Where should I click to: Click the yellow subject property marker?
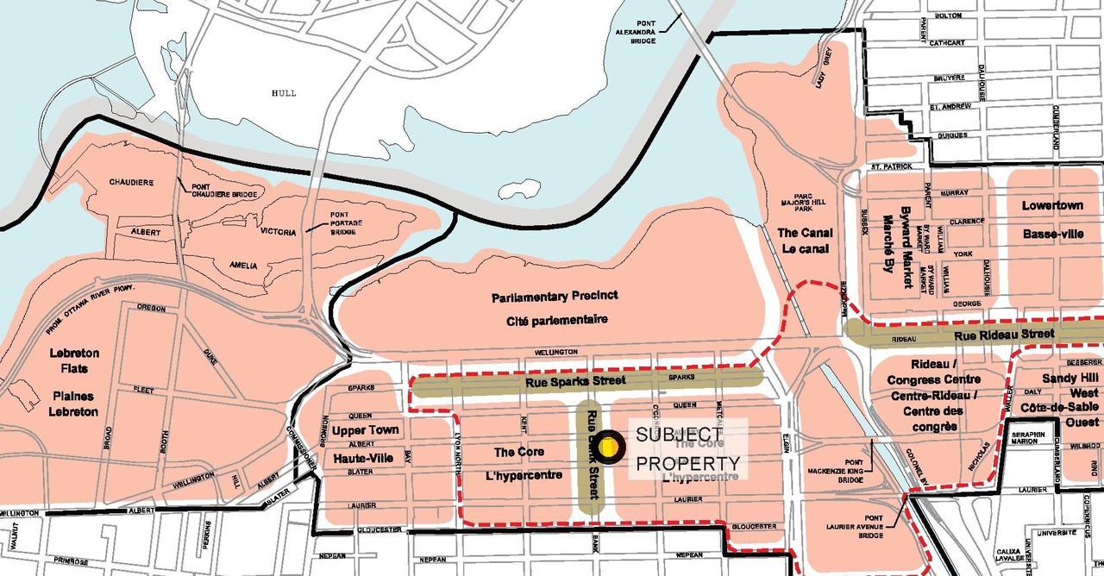pyautogui.click(x=610, y=446)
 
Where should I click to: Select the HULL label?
pyautogui.click(x=283, y=93)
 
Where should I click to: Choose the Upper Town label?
pyautogui.click(x=366, y=430)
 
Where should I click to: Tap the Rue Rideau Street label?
pyautogui.click(x=1004, y=334)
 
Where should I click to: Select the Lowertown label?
pyautogui.click(x=1051, y=206)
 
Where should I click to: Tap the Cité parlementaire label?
pyautogui.click(x=550, y=319)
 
